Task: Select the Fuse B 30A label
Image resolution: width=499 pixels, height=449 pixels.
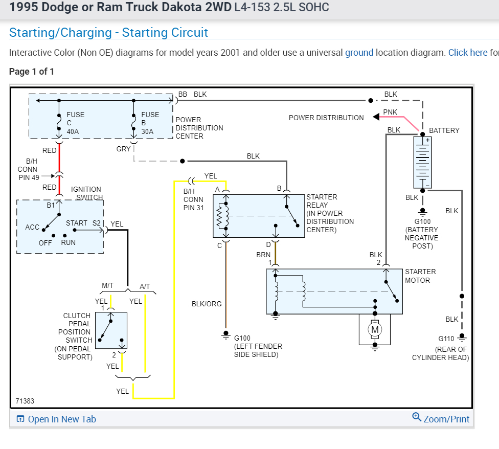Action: click(150, 123)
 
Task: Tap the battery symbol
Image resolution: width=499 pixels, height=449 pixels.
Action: click(422, 162)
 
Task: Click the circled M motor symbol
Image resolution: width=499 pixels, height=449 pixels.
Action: click(375, 330)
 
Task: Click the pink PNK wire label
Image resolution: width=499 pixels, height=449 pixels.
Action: click(390, 112)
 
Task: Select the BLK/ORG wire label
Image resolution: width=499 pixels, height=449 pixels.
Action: click(207, 304)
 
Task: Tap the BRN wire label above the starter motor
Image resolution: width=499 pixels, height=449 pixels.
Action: click(263, 255)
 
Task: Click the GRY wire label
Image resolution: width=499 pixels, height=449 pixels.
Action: click(124, 149)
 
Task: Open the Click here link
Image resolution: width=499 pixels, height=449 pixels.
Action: click(467, 53)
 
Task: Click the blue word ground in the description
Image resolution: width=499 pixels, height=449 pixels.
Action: click(359, 53)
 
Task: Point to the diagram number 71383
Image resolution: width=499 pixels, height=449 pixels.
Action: click(25, 401)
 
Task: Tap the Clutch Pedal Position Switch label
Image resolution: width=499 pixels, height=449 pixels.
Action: click(77, 336)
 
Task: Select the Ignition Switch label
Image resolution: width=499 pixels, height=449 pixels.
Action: click(86, 193)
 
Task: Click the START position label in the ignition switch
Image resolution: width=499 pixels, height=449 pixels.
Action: click(76, 223)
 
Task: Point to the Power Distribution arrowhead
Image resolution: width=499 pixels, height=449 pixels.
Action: click(376, 117)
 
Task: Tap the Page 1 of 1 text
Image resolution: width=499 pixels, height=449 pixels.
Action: click(32, 72)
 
